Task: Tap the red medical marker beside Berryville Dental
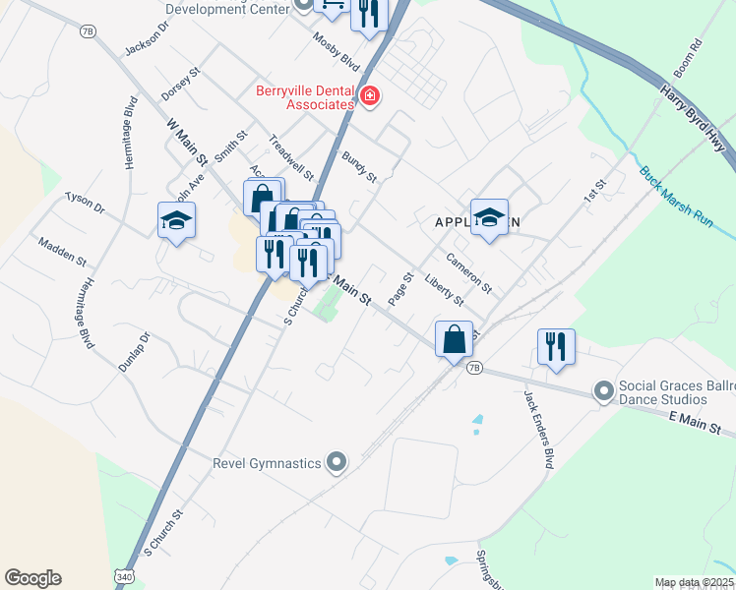click(x=369, y=96)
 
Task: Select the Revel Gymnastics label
click(x=268, y=462)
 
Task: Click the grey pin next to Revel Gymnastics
click(x=337, y=462)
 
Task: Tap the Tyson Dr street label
click(x=85, y=203)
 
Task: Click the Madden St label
click(x=63, y=253)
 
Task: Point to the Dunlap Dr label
click(x=134, y=351)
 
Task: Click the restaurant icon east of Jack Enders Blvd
click(x=556, y=347)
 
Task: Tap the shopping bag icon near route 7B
click(x=454, y=339)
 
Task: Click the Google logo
click(x=32, y=578)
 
